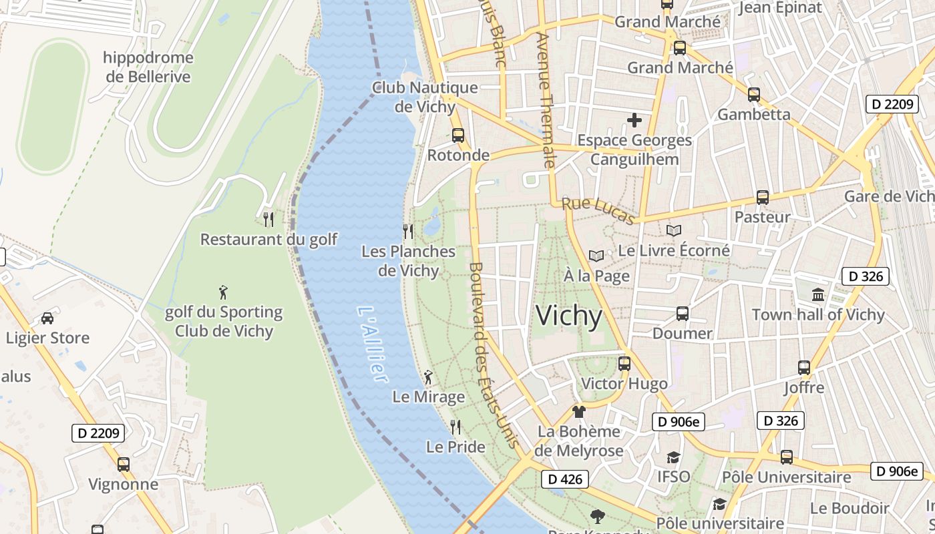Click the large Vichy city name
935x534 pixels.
[x=569, y=316]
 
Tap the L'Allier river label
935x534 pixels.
[x=372, y=344]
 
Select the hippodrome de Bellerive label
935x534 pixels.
[x=148, y=67]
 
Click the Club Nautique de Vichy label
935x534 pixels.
[x=425, y=97]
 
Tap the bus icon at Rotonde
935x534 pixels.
[x=458, y=136]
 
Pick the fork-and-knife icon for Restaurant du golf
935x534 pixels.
[x=268, y=219]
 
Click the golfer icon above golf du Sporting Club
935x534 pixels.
[x=224, y=292]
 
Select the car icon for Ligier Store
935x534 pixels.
[x=47, y=318]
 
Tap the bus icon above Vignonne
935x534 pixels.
[x=124, y=465]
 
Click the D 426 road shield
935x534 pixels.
[x=565, y=479]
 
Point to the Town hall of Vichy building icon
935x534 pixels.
[x=817, y=295]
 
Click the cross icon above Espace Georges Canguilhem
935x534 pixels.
[x=634, y=120]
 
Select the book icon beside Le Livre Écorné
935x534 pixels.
[x=674, y=231]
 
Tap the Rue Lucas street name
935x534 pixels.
[x=598, y=210]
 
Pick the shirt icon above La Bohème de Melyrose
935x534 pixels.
[x=578, y=412]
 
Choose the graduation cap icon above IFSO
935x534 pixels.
[x=673, y=457]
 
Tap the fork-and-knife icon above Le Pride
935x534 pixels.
[x=455, y=427]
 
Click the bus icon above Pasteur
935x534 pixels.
[x=763, y=198]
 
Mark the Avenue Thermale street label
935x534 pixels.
[x=545, y=100]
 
